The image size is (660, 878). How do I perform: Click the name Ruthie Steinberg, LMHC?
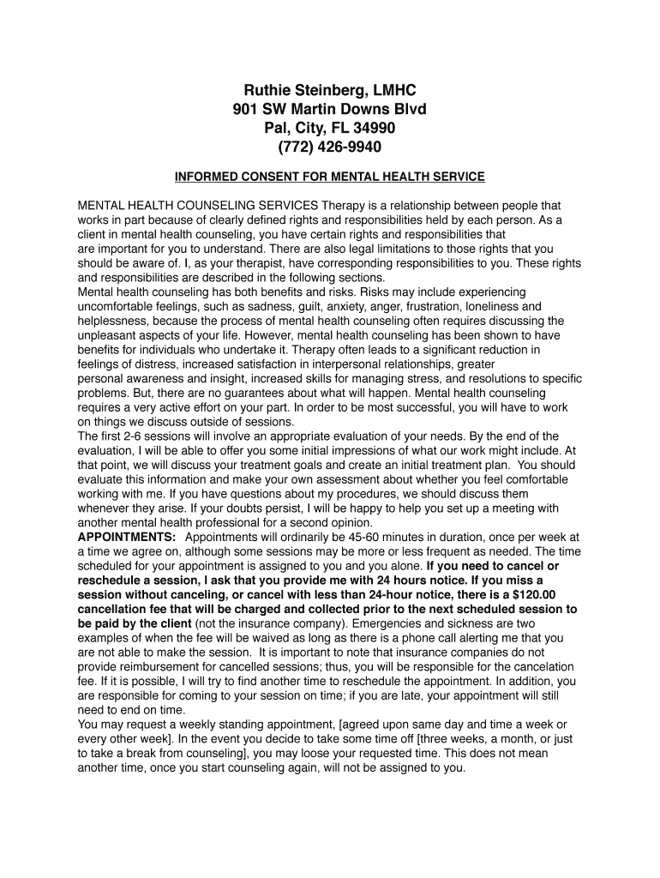click(330, 90)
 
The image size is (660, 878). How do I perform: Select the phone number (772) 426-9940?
click(330, 147)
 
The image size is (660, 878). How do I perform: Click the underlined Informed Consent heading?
click(330, 177)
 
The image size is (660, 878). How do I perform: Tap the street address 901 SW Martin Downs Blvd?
click(330, 109)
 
